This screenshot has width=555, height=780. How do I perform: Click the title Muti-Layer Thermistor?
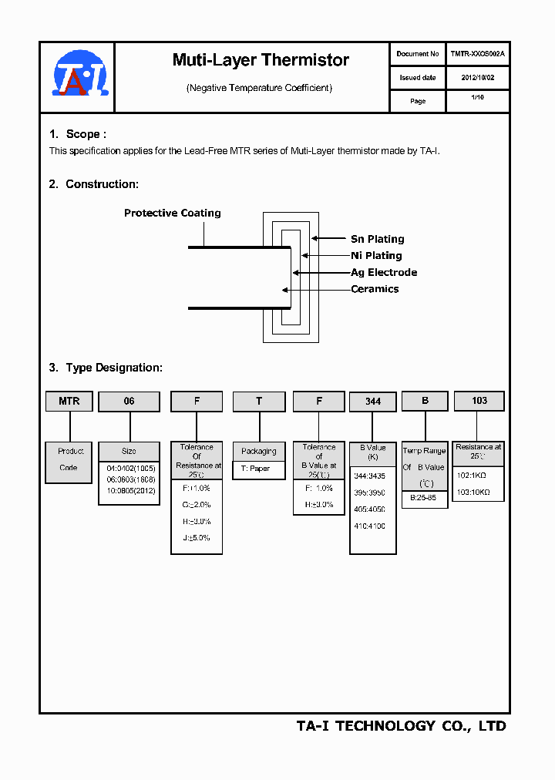click(x=261, y=60)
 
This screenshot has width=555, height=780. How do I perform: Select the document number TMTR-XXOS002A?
click(x=477, y=54)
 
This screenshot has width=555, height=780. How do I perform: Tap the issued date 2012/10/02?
click(x=477, y=78)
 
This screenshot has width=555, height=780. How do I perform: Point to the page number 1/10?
click(x=477, y=99)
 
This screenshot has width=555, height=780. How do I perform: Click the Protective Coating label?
click(x=172, y=213)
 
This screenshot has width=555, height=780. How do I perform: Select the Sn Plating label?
click(x=377, y=239)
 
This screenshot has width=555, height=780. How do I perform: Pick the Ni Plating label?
click(x=376, y=256)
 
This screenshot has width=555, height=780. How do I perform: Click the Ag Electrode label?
click(x=384, y=273)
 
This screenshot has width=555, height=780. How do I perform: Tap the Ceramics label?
click(x=375, y=289)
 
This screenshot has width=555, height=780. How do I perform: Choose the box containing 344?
click(x=373, y=402)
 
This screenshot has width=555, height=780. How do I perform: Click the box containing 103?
click(x=479, y=401)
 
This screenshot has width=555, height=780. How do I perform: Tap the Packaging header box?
click(x=258, y=452)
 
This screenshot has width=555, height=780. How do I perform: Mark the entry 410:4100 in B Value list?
click(x=370, y=526)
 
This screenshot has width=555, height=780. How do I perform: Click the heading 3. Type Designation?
click(x=106, y=368)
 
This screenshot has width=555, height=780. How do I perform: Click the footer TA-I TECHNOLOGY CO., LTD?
click(x=401, y=726)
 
